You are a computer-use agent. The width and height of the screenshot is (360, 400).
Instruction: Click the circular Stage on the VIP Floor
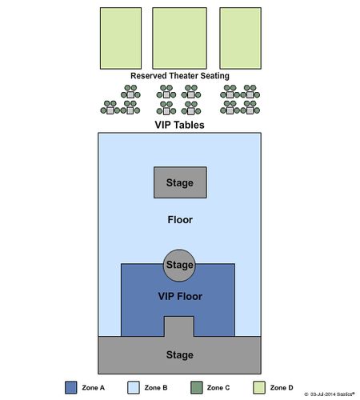(179, 266)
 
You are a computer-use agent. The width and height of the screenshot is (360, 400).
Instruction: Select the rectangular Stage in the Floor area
(180, 182)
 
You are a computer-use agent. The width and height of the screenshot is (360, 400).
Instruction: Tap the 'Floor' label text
(180, 220)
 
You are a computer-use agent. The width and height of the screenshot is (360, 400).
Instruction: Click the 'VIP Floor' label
(180, 296)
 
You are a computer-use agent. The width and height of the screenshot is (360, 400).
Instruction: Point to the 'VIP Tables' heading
(179, 125)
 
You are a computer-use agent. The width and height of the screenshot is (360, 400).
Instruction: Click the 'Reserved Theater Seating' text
(180, 76)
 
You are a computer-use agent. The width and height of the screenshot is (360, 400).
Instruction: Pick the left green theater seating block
(121, 38)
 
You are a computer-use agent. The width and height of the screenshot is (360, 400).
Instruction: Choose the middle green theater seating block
(179, 38)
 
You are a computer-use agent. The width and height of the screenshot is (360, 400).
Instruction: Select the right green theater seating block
(240, 38)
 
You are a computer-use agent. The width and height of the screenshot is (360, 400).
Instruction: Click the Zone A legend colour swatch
(70, 387)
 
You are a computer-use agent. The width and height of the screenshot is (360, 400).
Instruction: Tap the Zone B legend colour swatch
(134, 387)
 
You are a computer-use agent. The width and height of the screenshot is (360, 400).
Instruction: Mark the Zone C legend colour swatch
(197, 387)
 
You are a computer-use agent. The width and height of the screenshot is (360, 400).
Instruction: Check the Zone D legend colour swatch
(259, 387)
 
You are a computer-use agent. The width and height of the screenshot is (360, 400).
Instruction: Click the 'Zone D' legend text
(282, 387)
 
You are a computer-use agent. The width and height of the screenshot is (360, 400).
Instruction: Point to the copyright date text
(330, 394)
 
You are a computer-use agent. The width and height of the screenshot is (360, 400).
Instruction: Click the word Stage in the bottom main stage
(180, 355)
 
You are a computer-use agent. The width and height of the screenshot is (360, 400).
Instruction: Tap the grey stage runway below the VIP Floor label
(179, 326)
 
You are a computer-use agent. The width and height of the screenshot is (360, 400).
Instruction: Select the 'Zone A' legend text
(93, 387)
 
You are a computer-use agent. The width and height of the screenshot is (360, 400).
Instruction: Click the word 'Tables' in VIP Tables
(189, 125)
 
